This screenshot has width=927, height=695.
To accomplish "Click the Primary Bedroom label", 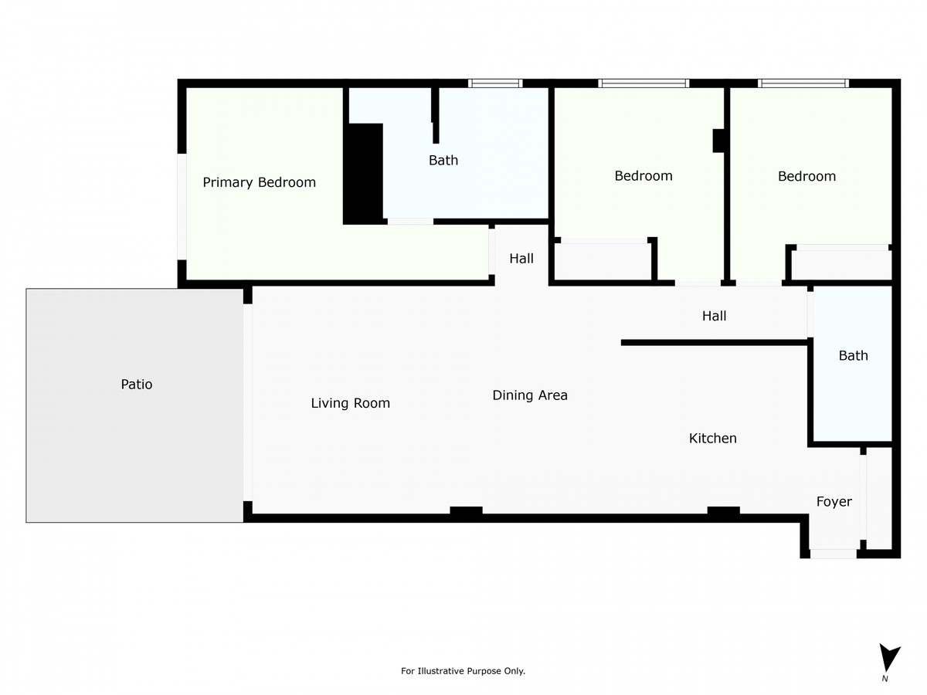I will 259,183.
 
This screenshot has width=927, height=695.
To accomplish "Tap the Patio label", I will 137,384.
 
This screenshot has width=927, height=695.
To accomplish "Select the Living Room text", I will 350,403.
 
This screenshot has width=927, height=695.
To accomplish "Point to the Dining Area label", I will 530,395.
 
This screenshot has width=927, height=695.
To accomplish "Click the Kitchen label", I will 712,439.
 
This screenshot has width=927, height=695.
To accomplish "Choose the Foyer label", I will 834,502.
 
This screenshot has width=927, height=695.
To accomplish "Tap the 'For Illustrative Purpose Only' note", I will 463,671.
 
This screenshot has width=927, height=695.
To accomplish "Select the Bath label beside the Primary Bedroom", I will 443,161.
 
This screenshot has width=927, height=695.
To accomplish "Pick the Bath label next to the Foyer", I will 853,356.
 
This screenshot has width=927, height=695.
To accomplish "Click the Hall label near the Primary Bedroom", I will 521,259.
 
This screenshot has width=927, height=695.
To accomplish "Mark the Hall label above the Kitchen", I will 714,316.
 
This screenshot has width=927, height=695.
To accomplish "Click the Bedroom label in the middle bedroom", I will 643,176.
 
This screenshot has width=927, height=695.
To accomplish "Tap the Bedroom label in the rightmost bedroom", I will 806,177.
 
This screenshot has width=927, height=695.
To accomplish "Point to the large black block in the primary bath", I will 363,174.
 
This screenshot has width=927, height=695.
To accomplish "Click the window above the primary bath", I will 495,83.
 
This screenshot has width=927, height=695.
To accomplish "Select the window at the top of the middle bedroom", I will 643,83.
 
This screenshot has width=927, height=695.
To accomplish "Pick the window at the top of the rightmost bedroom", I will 803,83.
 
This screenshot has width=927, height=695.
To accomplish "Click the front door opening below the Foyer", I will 833,554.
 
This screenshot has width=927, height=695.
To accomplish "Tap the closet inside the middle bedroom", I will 603,262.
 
